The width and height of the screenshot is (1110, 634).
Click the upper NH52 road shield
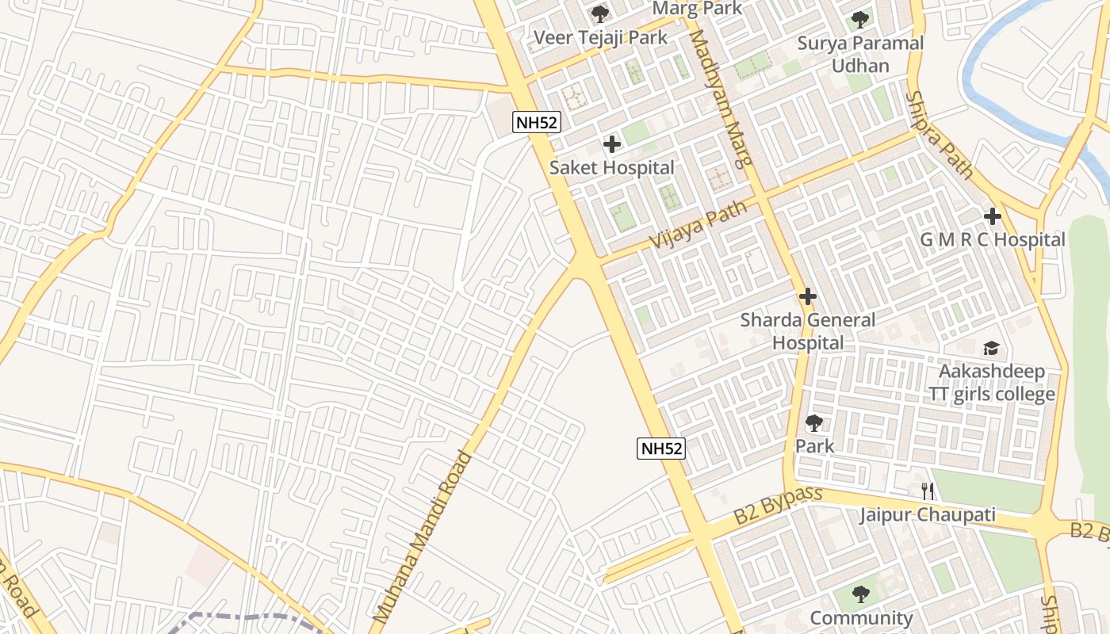point(538,122)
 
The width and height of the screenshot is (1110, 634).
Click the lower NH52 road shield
point(661,448)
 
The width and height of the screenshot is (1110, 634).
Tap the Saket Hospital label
point(611,168)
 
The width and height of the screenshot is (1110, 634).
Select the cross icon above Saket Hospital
point(611,144)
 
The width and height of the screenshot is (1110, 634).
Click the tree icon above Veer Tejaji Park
point(600,13)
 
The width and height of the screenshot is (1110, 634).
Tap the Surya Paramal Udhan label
point(860,54)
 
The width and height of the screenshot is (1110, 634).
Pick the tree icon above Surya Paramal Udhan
point(860,19)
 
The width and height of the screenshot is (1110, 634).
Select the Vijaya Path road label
point(699,225)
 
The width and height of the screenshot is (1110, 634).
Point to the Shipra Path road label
point(939,135)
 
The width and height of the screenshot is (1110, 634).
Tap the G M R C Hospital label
point(992,239)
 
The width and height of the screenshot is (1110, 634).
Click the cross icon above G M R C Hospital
point(992,216)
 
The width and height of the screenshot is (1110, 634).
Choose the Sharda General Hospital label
point(808,331)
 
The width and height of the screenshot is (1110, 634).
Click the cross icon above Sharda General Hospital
point(808,297)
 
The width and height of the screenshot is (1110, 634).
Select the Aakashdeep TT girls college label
point(992,383)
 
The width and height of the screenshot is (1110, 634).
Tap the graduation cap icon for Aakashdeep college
point(991,349)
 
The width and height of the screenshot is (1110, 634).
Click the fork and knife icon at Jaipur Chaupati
point(928,491)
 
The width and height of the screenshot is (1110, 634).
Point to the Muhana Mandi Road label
point(421,536)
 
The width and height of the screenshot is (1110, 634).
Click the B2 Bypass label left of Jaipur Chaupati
point(778,505)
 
